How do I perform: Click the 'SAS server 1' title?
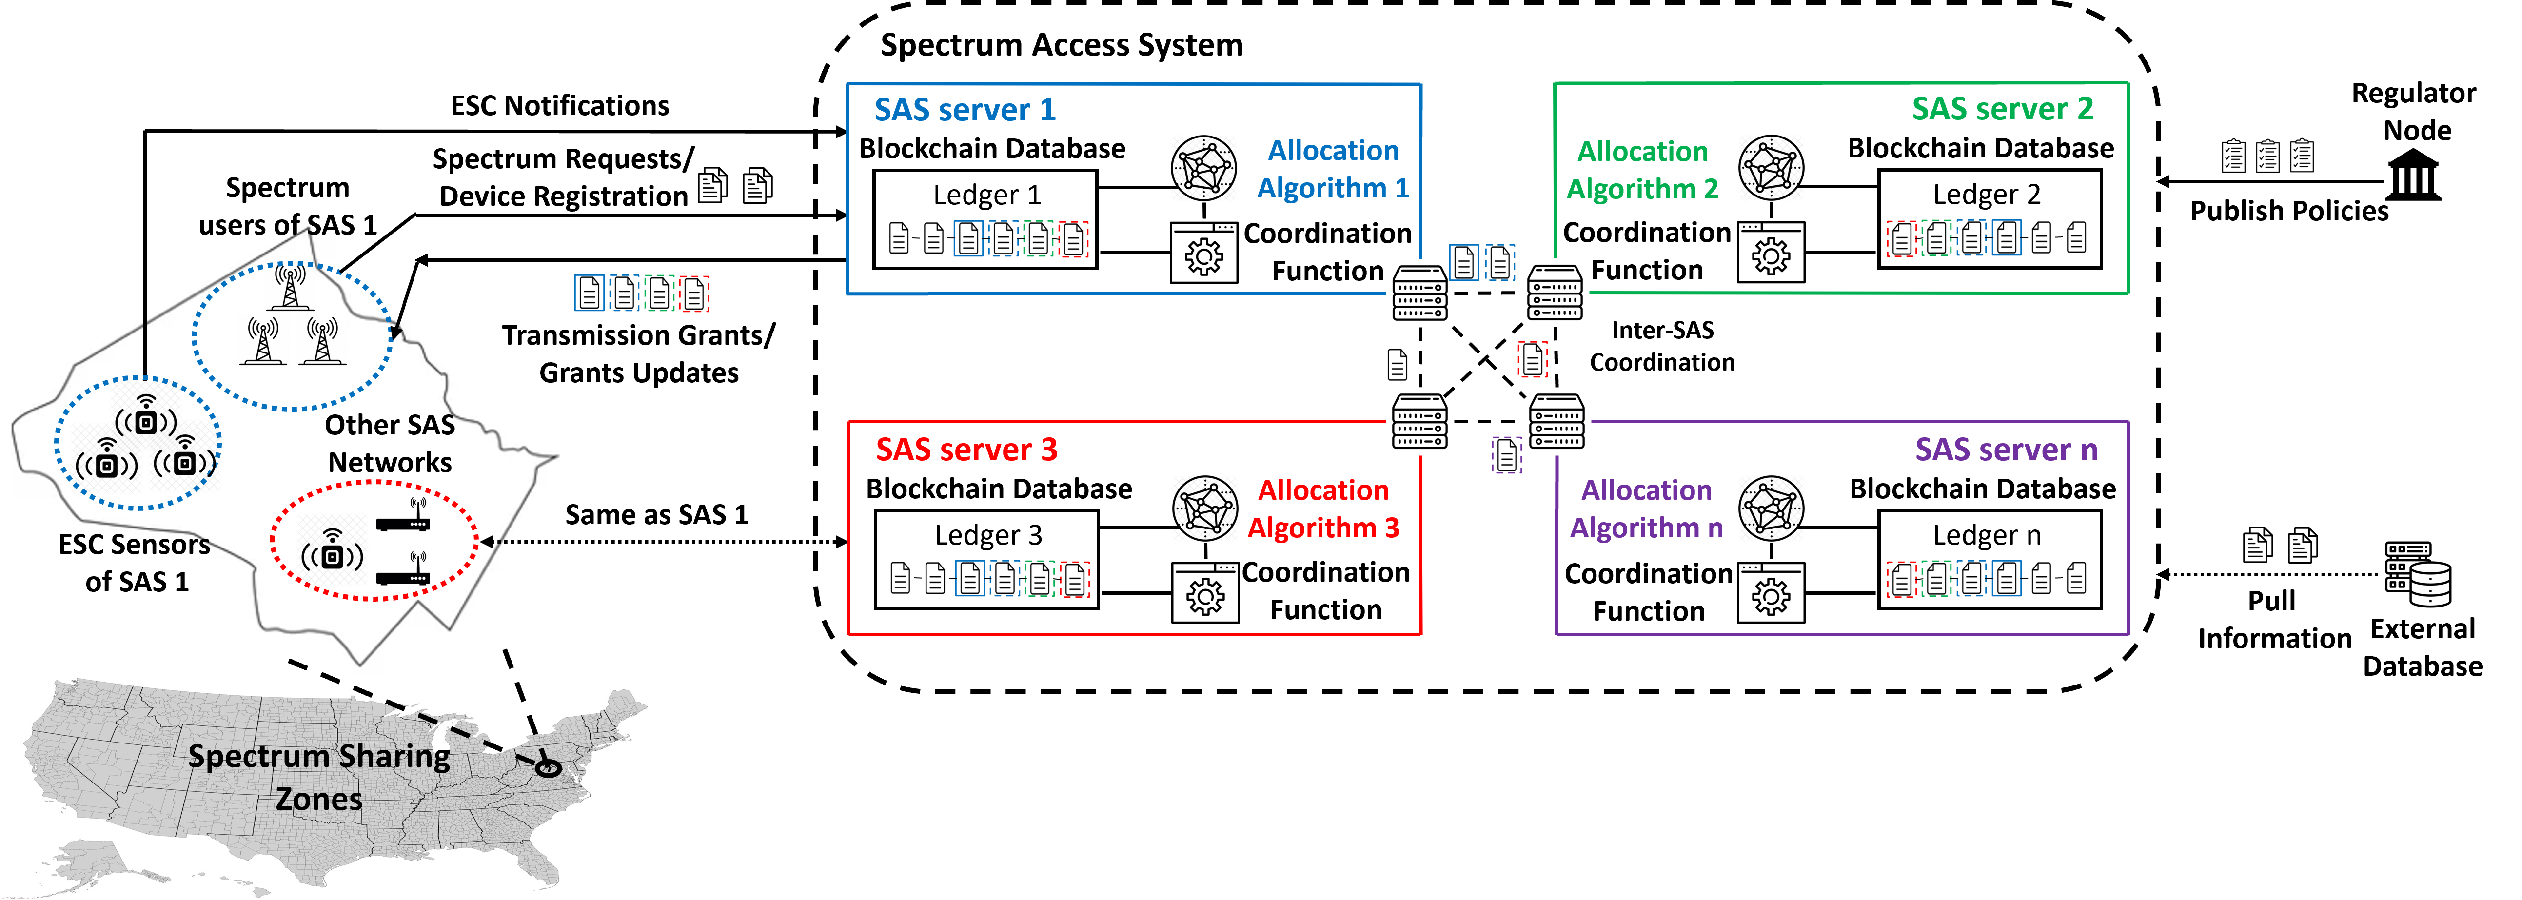tap(965, 110)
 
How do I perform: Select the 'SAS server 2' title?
tap(2002, 109)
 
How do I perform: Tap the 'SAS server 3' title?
tap(966, 450)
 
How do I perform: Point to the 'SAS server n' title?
tap(2005, 450)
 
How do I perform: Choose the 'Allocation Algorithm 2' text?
tap(1642, 171)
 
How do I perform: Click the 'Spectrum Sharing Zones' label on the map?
tap(319, 777)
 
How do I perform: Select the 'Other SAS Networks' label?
tap(390, 444)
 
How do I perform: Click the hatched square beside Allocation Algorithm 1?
tap(1203, 168)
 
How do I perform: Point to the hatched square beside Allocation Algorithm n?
tap(1771, 509)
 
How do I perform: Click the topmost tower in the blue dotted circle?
tap(290, 287)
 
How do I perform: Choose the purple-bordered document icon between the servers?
tap(1507, 454)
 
